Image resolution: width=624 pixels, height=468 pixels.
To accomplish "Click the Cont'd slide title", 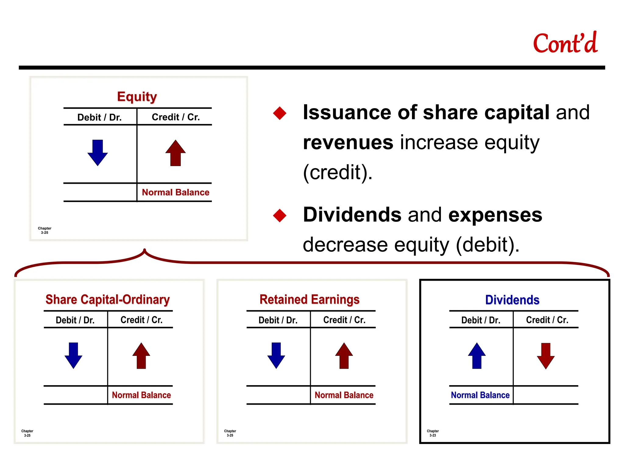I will click(565, 44).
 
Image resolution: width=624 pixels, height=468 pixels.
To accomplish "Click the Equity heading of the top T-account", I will click(137, 97).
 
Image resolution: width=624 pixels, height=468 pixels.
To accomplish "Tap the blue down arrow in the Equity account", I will click(97, 152).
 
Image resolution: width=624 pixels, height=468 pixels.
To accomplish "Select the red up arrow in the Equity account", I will click(175, 153).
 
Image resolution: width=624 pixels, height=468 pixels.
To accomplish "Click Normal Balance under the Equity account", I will click(175, 192).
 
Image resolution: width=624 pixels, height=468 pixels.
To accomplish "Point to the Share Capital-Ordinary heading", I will click(108, 300).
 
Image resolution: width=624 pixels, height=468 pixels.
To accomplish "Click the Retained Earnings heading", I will click(309, 300).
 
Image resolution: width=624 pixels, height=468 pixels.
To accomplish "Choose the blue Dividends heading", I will click(512, 300).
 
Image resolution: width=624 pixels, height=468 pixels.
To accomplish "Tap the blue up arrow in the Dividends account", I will click(477, 356).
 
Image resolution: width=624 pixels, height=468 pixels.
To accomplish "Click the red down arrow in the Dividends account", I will click(546, 356).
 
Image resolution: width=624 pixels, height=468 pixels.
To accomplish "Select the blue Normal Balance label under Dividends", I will click(480, 395).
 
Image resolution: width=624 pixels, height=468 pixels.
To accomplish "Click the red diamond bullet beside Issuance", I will click(280, 113).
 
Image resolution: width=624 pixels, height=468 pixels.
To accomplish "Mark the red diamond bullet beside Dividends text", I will click(280, 215).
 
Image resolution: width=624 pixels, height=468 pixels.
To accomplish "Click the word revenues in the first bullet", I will click(348, 142).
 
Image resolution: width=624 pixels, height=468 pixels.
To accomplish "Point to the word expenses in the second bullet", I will click(495, 215).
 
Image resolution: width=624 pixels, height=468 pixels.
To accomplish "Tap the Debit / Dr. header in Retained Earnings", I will click(278, 320).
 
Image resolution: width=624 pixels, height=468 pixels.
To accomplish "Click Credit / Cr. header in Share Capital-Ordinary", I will click(141, 320).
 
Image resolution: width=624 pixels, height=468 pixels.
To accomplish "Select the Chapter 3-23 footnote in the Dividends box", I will click(433, 433).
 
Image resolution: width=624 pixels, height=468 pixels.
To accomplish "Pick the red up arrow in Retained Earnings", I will click(344, 356).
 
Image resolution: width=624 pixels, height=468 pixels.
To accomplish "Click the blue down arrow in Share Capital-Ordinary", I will click(73, 355).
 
